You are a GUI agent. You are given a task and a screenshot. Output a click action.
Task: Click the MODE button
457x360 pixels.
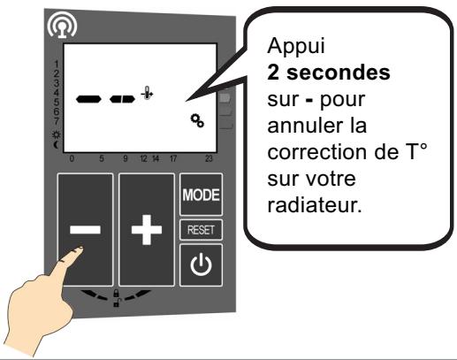(x=201, y=193)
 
